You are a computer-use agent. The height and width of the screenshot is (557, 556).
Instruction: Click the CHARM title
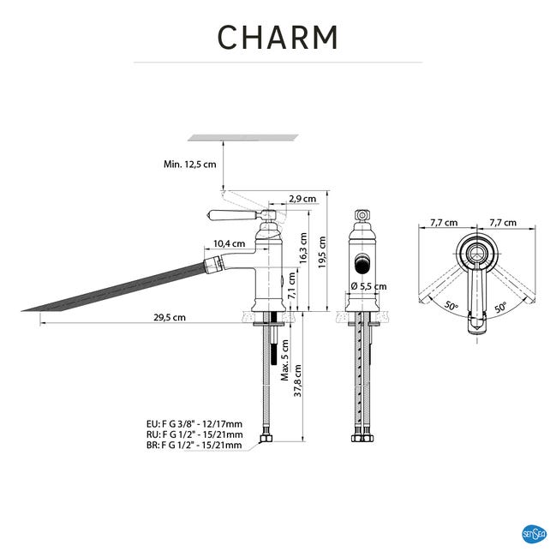[278, 37]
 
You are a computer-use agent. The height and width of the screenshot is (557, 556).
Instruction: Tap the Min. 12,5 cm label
[189, 164]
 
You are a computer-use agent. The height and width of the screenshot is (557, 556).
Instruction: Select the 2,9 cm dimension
[302, 199]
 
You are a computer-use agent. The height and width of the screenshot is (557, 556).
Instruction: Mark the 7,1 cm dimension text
[292, 286]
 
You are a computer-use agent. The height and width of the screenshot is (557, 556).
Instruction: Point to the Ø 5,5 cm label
[368, 286]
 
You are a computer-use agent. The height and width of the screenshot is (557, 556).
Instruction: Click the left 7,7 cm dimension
[443, 223]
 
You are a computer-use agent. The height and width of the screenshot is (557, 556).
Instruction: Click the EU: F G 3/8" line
[194, 423]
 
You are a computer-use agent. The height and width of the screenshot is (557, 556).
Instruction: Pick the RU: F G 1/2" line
[194, 434]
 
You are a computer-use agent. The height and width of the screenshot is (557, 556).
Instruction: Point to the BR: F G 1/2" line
[194, 446]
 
